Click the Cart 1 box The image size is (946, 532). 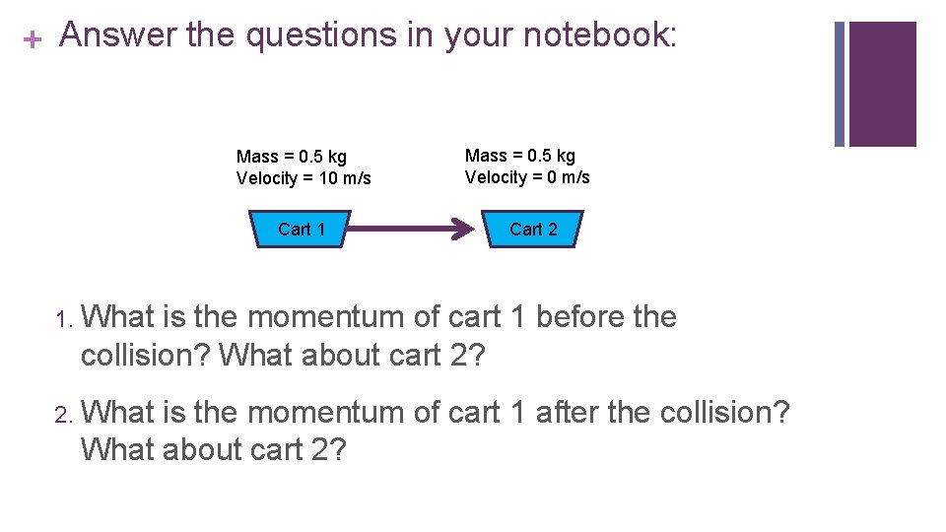click(x=301, y=230)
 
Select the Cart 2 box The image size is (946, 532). click(x=533, y=230)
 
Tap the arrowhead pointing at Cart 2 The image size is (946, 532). click(x=462, y=230)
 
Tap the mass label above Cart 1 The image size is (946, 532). click(x=292, y=157)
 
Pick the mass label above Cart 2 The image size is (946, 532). click(x=520, y=156)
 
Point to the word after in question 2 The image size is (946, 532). click(x=567, y=412)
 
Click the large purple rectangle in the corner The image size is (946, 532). click(x=882, y=84)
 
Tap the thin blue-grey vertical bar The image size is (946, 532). click(x=840, y=84)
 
